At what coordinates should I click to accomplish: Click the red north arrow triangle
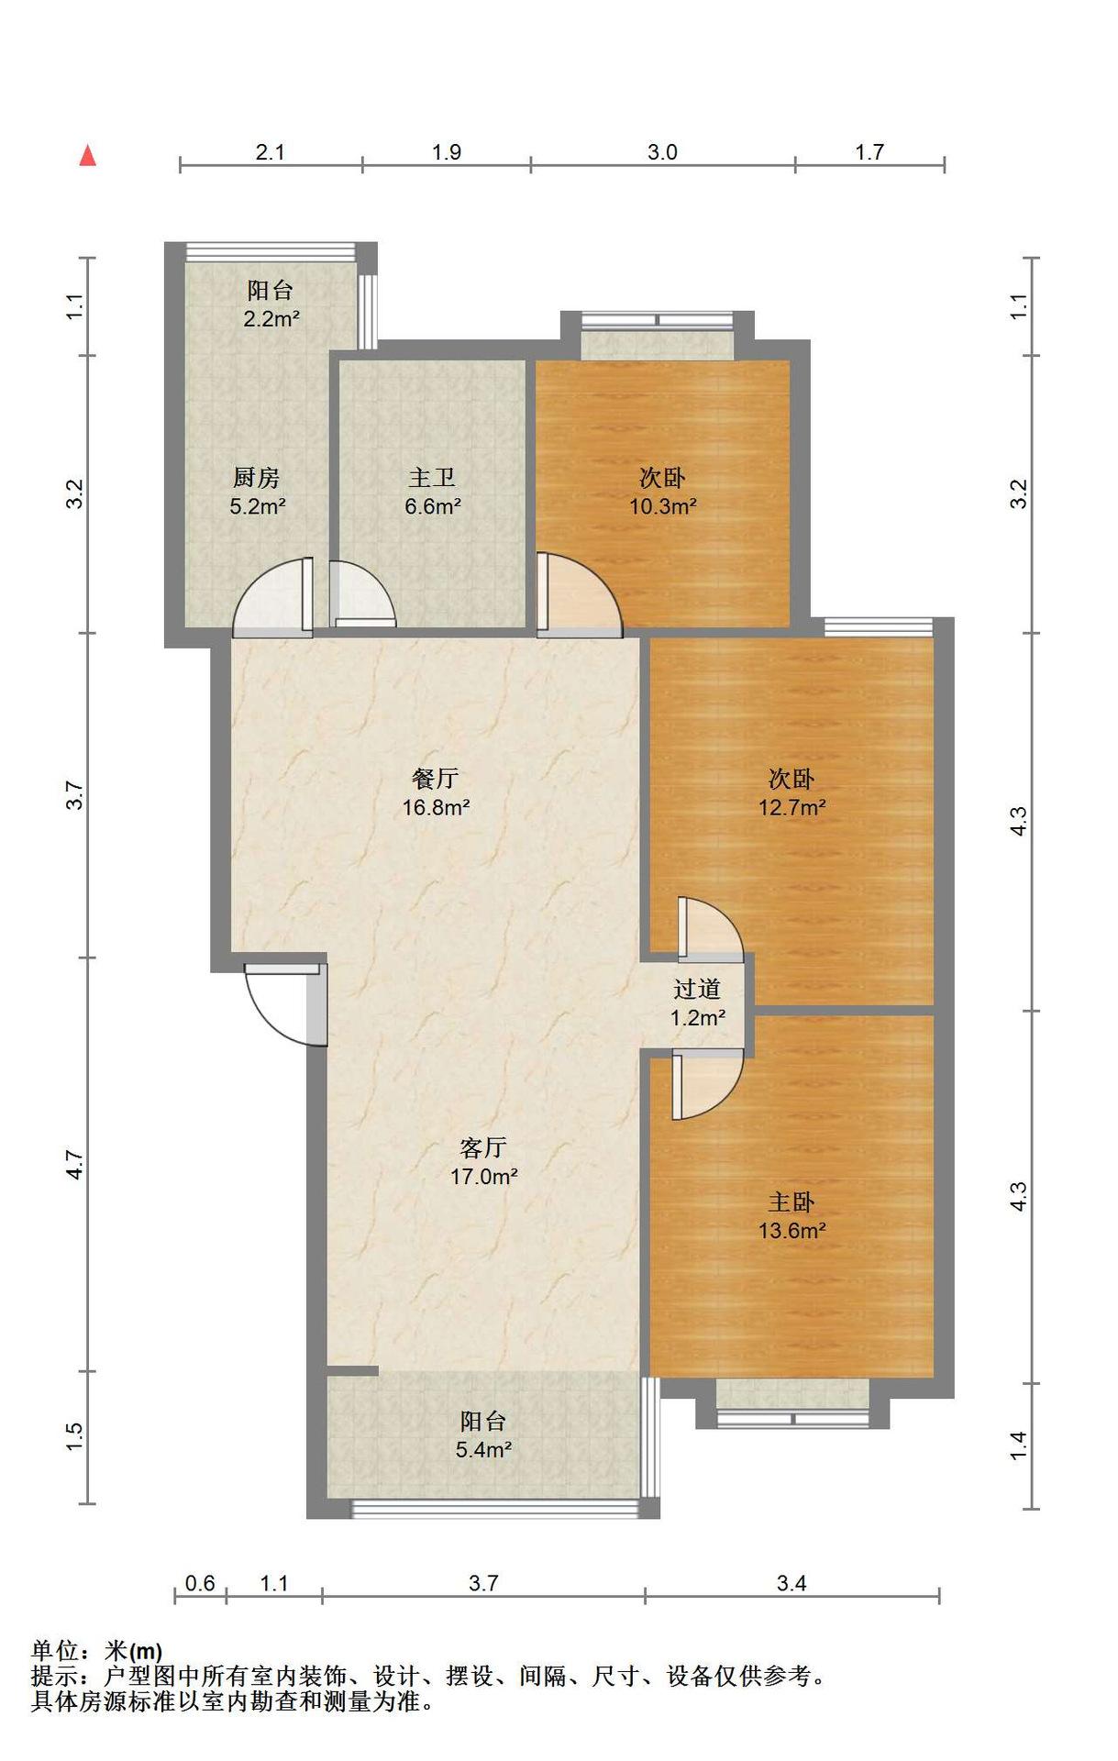pos(88,156)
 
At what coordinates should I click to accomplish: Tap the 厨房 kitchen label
pos(256,478)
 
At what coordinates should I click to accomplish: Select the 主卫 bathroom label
pos(432,478)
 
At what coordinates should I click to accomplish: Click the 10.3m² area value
pos(662,505)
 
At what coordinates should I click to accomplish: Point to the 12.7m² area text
pos(791,807)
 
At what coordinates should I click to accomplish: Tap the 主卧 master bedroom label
pos(791,1202)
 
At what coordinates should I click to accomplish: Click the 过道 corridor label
pos(697,989)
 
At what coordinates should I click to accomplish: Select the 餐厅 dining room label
pos(436,779)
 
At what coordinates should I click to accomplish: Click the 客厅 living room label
pos(483,1147)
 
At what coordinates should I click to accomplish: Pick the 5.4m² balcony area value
pos(483,1450)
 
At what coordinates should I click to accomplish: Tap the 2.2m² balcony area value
pos(271,319)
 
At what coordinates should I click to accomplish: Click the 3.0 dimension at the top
pos(662,152)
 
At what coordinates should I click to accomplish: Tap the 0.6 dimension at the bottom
pos(200,1583)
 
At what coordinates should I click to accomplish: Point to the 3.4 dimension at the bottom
pos(791,1583)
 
